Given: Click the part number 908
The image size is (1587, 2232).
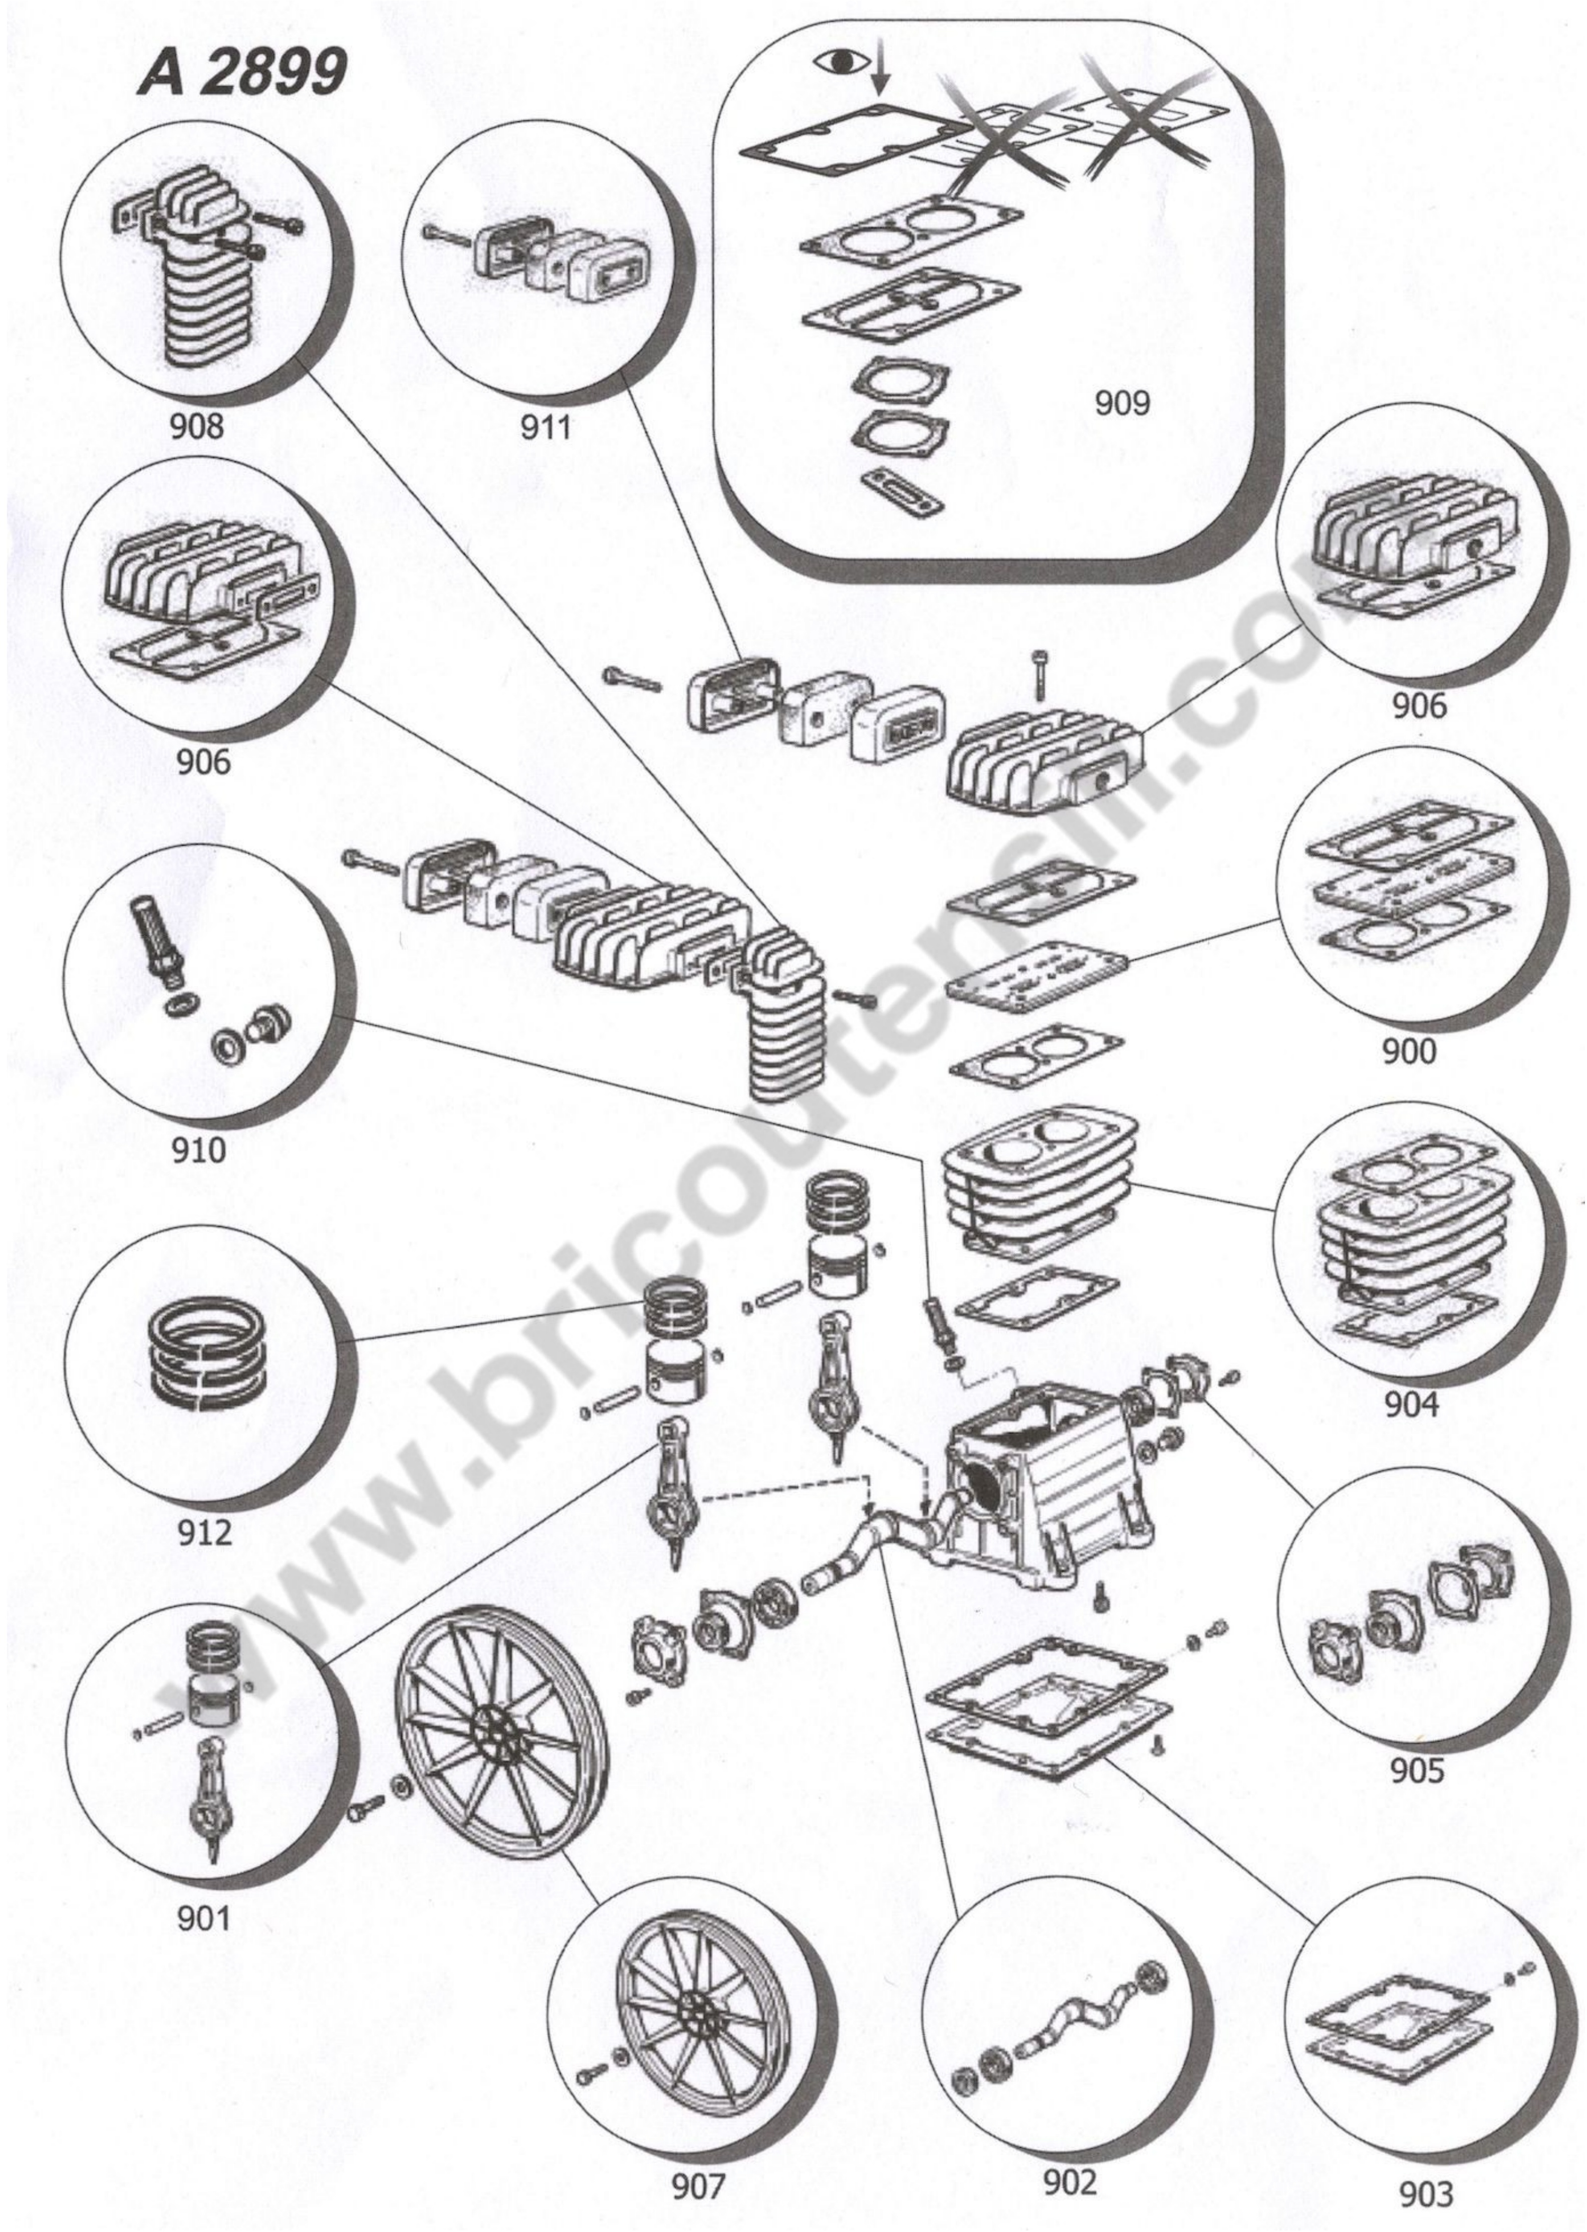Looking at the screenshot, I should pos(197,426).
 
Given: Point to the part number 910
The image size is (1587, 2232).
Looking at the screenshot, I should pos(198,1149).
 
